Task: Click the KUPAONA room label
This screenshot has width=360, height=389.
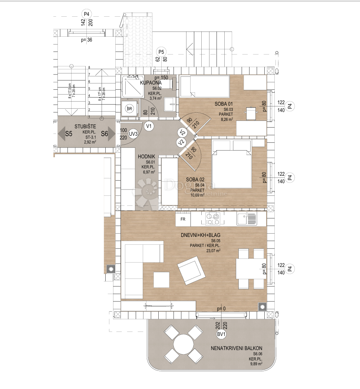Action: (151, 83)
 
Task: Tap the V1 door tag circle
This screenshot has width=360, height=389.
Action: (149, 126)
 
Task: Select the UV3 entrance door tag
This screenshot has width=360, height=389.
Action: (134, 134)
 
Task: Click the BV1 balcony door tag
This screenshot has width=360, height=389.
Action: (222, 334)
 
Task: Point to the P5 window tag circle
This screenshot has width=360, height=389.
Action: (161, 52)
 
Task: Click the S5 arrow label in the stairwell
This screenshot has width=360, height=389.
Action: (69, 134)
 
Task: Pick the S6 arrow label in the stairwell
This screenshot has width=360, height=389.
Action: (104, 134)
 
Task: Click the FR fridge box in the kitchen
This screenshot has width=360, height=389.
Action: (183, 219)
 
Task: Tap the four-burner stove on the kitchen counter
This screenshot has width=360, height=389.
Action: (212, 219)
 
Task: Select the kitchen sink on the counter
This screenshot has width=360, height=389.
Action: (245, 219)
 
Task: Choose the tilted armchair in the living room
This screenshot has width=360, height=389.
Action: (191, 270)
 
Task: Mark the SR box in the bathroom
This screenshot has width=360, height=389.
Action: (130, 109)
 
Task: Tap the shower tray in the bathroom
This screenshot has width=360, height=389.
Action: (131, 86)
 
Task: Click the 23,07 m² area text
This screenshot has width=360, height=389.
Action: (213, 250)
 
